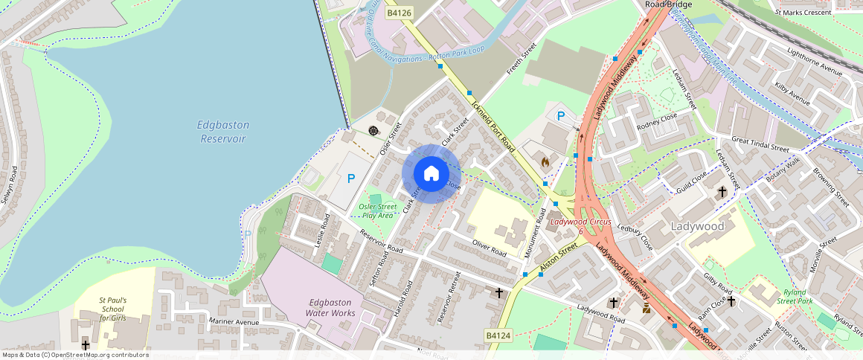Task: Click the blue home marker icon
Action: pyautogui.click(x=431, y=173)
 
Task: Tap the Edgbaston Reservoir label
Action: pyautogui.click(x=222, y=132)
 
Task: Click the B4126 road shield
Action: pyautogui.click(x=399, y=13)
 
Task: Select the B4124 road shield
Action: pyautogui.click(x=498, y=336)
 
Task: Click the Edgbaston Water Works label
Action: pyautogui.click(x=331, y=307)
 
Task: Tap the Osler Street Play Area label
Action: pyautogui.click(x=376, y=210)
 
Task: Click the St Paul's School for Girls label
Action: pyautogui.click(x=113, y=309)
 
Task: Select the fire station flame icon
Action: pyautogui.click(x=545, y=160)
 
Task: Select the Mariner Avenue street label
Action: pyautogui.click(x=234, y=322)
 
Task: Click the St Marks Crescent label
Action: pyautogui.click(x=803, y=13)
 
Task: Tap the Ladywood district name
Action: pyautogui.click(x=697, y=225)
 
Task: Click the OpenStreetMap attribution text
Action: pyautogui.click(x=75, y=355)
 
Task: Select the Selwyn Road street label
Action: pyautogui.click(x=8, y=185)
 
